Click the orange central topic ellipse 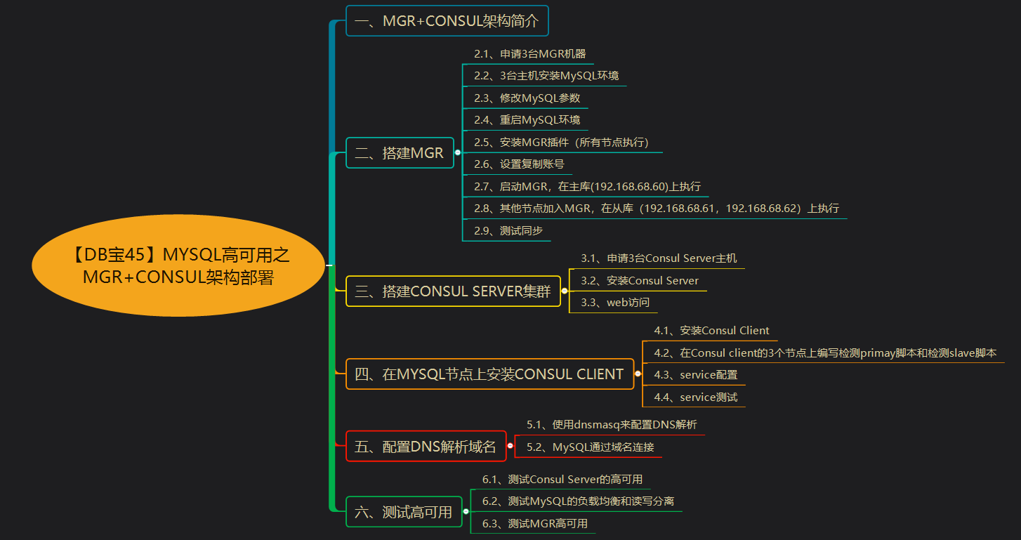pos(178,265)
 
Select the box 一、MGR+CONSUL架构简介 pos(447,20)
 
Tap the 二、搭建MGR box pos(400,152)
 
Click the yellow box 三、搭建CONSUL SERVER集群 pos(453,291)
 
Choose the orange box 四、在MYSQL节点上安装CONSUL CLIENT pos(490,374)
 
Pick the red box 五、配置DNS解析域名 pos(426,446)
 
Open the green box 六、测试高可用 pos(404,512)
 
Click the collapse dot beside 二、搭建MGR pos(458,152)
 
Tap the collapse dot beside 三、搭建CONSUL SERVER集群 pos(565,291)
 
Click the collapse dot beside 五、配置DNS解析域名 pos(510,446)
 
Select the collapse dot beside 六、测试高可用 pos(466,512)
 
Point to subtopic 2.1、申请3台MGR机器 pos(529,54)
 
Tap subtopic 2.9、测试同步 pos(508,230)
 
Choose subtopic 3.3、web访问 pos(615,302)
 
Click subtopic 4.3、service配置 pos(696,374)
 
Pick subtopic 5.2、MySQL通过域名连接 pos(591,447)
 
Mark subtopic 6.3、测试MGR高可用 pos(534,524)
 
